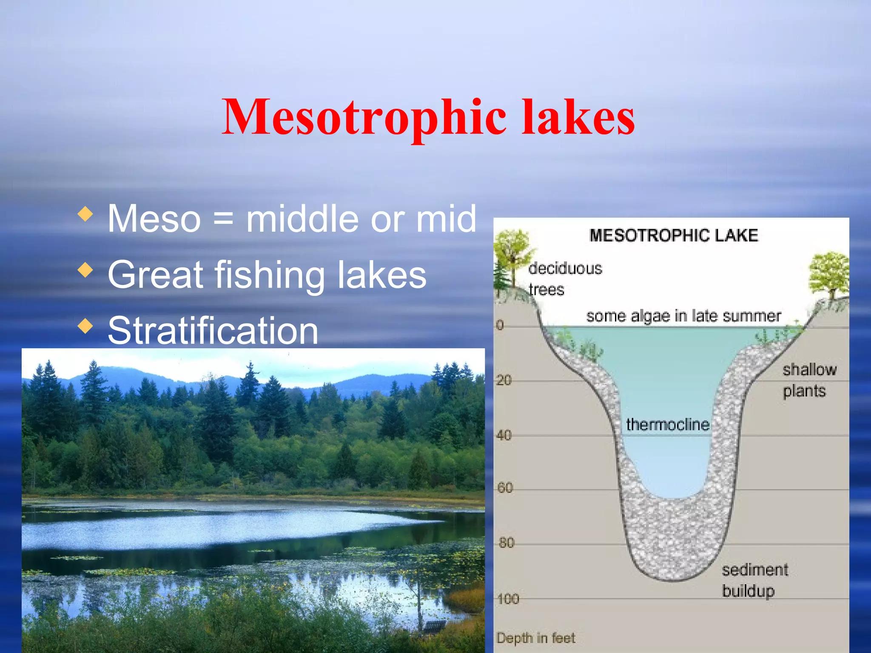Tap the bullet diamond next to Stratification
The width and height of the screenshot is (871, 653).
click(85, 326)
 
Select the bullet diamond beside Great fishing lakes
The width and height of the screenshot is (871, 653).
click(85, 270)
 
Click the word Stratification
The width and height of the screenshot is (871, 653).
click(213, 330)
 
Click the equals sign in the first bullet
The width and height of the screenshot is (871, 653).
click(223, 219)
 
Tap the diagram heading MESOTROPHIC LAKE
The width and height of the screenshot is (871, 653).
click(674, 236)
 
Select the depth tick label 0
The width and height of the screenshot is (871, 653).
click(500, 325)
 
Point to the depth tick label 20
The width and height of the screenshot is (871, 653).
click(504, 380)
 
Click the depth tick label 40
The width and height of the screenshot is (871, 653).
click(504, 435)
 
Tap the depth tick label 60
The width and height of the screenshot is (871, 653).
click(505, 488)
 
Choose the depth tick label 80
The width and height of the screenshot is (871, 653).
click(506, 543)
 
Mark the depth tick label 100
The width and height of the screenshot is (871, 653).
click(508, 599)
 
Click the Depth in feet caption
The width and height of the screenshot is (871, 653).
click(535, 638)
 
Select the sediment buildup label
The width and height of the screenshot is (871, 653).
click(754, 580)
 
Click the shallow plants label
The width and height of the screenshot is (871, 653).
click(809, 380)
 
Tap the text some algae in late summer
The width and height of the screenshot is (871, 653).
click(683, 316)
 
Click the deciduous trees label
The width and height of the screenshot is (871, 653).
click(565, 279)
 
